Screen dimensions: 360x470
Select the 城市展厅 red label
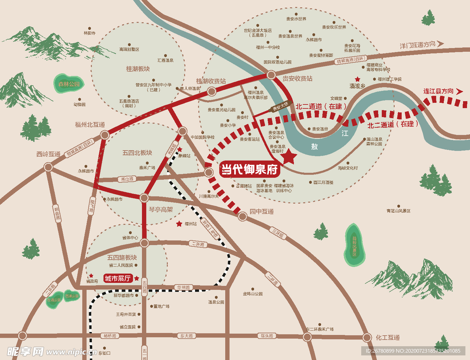click(x=118, y=278)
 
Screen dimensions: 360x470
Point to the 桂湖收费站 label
click(x=211, y=81)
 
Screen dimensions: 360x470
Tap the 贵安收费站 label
click(x=297, y=79)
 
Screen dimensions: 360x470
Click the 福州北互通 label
click(x=90, y=124)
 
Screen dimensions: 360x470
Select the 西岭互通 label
click(x=49, y=154)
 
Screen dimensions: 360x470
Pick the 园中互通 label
click(x=262, y=212)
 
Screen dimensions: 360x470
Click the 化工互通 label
click(x=387, y=337)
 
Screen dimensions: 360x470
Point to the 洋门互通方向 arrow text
click(x=417, y=45)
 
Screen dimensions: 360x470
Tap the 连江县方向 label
click(x=438, y=91)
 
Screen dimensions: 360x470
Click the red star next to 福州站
click(x=179, y=224)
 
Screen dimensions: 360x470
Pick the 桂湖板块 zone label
click(x=138, y=69)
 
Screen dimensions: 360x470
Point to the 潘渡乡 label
click(x=357, y=86)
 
